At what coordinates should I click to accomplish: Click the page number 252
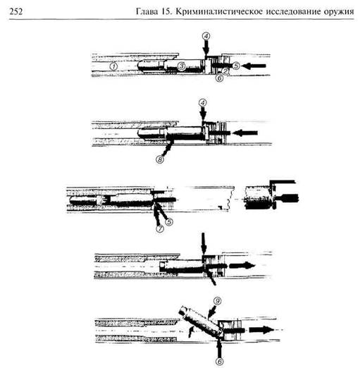(16, 11)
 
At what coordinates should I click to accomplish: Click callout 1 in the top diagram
(113, 66)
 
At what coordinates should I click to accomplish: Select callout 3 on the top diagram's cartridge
(181, 66)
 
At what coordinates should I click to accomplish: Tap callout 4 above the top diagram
(206, 37)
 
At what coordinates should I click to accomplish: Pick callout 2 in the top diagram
(225, 70)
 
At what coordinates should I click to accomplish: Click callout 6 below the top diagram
(219, 78)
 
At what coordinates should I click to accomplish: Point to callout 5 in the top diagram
(236, 66)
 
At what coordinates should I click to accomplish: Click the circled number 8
(160, 159)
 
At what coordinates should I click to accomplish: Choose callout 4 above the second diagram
(203, 103)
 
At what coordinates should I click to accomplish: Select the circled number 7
(160, 228)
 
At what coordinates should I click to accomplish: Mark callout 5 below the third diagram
(169, 221)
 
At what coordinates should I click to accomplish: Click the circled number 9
(218, 301)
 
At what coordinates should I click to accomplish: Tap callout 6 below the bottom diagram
(219, 361)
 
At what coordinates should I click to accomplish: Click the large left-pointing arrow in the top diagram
(254, 66)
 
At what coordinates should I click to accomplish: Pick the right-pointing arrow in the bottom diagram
(261, 329)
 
